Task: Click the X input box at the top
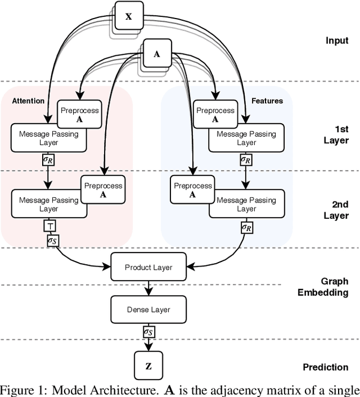point(128,16)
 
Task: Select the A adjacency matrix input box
point(157,54)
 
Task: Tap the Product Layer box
point(148,267)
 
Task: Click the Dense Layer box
point(148,309)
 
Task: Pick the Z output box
point(148,366)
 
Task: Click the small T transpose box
point(49,226)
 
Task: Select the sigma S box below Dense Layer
point(148,332)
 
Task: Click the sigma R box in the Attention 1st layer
point(49,159)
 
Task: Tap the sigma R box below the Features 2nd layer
point(246,227)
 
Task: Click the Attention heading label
point(28,101)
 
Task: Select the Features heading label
point(268,101)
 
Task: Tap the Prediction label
point(326,367)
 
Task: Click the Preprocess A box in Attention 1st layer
point(79,114)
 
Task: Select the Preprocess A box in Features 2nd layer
point(192,190)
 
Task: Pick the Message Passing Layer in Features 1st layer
point(246,138)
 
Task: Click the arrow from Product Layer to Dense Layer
point(148,288)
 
